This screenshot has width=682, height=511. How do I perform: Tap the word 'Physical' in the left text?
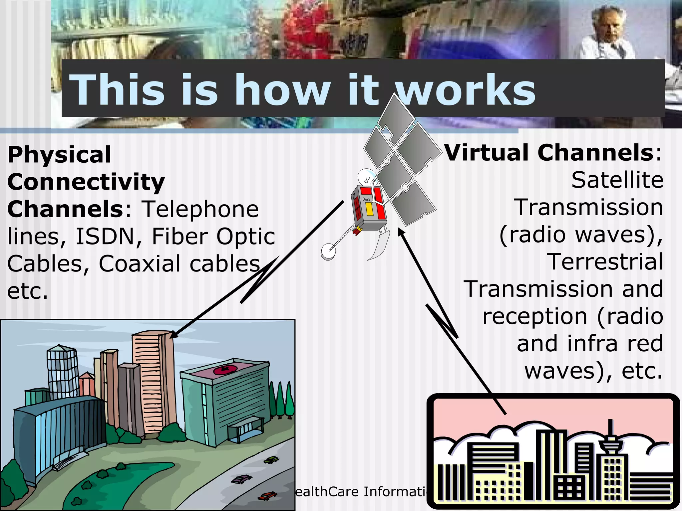click(59, 155)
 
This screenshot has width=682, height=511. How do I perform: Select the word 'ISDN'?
click(110, 237)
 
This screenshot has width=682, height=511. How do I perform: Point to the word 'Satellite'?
click(617, 180)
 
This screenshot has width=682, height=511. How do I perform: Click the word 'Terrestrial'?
click(605, 262)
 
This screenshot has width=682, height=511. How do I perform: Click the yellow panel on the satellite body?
click(369, 209)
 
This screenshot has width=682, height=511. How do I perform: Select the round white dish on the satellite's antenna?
click(328, 252)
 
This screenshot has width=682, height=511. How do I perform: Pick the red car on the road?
click(267, 496)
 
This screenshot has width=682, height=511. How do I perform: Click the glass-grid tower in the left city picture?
click(62, 371)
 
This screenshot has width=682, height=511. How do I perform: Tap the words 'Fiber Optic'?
click(213, 237)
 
